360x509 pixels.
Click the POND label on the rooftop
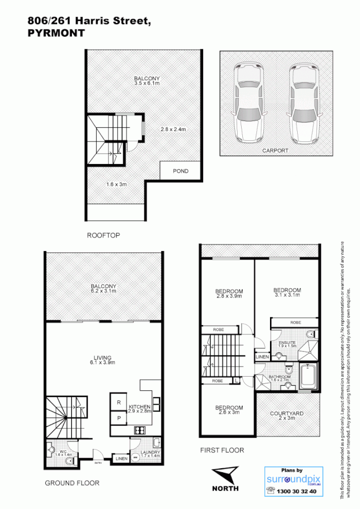click(x=181, y=171)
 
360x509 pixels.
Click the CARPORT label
click(x=275, y=151)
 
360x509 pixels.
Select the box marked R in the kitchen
click(x=119, y=402)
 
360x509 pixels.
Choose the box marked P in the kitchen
click(x=119, y=418)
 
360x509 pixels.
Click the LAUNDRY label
click(x=150, y=452)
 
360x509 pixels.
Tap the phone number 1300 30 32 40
click(x=294, y=491)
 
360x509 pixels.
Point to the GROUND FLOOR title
click(x=72, y=483)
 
